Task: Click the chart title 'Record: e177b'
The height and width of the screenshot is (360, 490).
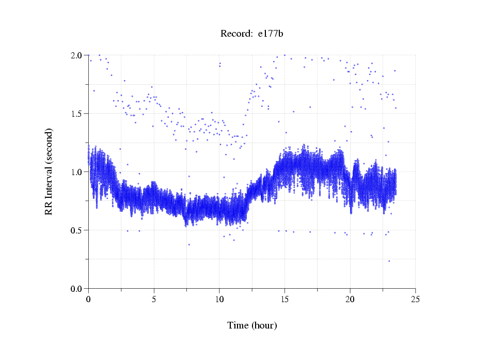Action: tap(252, 34)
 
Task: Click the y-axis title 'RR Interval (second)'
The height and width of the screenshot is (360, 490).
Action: tap(49, 171)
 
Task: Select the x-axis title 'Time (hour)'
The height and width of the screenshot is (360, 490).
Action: tap(252, 325)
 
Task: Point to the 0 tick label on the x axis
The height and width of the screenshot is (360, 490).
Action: tap(88, 299)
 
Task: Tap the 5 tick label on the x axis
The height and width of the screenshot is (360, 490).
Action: tap(154, 299)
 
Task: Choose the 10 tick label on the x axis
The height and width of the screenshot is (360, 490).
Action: tap(219, 299)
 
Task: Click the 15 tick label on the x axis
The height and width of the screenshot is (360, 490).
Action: tap(284, 299)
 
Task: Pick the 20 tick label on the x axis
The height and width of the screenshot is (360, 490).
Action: tap(350, 299)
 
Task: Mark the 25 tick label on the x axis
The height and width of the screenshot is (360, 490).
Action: tap(415, 299)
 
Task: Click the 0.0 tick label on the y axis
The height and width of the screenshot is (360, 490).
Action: tap(76, 289)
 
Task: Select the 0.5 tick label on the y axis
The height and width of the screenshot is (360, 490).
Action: tap(76, 230)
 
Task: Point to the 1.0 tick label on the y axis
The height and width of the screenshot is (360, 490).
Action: tap(76, 172)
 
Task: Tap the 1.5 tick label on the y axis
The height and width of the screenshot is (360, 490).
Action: tap(76, 114)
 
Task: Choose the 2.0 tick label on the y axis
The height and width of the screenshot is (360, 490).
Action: tap(76, 55)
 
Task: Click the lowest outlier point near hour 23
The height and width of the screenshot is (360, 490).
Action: tap(389, 261)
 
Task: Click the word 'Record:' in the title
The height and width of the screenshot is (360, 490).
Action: tap(236, 34)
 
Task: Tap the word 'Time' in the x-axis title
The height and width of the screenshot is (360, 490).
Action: tap(238, 325)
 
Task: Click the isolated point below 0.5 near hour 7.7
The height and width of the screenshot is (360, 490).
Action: tap(189, 244)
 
